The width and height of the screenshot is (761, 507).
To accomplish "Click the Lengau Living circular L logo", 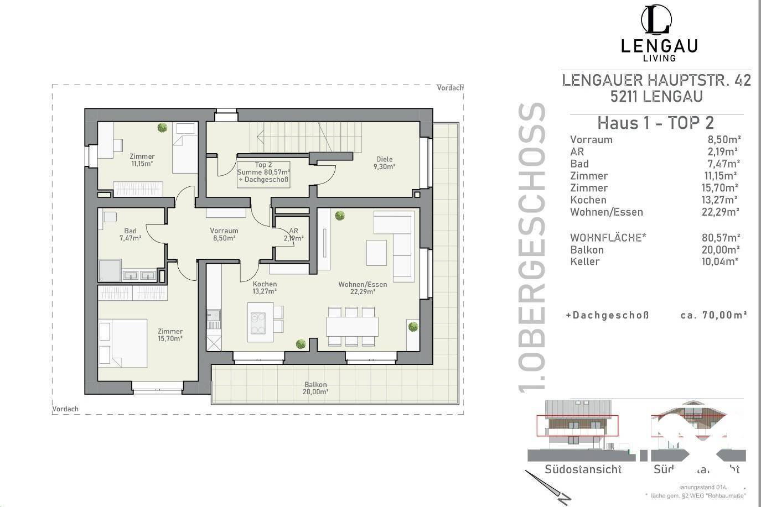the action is coord(658,20).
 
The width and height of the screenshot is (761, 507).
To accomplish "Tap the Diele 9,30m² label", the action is coord(384,163).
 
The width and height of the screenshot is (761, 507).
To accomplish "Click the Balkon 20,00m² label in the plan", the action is coord(315,388).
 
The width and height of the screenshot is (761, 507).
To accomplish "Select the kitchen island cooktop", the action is coord(258,323).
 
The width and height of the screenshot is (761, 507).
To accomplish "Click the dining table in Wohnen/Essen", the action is coord(352,326).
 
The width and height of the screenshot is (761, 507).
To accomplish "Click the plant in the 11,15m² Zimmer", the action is coord(162,128).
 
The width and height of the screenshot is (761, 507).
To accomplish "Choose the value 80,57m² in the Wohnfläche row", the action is coord(721,238).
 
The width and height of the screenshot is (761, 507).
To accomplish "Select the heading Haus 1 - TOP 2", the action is coord(656,122).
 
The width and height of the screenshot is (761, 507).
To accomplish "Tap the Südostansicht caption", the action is coord(583,469).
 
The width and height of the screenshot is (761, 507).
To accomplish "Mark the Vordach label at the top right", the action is coord(450,88).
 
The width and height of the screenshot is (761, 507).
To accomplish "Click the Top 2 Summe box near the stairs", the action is coord(263,173).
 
